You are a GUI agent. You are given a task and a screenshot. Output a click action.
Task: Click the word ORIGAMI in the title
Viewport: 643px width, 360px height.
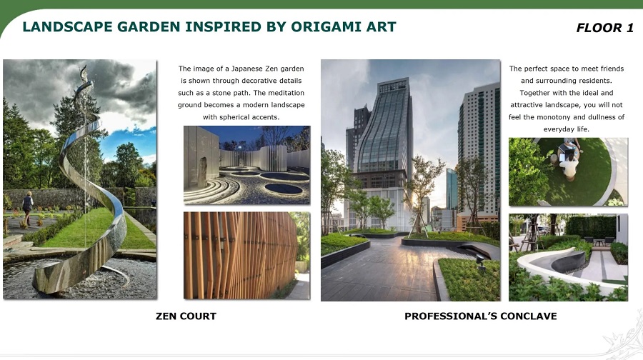pos(327,26)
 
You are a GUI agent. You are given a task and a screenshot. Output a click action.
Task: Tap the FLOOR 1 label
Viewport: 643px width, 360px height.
pos(605,28)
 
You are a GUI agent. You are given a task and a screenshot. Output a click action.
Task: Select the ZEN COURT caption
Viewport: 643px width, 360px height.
pos(186,316)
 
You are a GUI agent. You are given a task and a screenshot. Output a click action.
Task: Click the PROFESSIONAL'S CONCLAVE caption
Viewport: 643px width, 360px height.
pos(481,316)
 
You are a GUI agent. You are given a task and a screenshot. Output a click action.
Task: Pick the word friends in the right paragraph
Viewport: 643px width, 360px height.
pos(611,69)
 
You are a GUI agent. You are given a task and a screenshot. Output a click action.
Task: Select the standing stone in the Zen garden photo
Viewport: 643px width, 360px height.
pos(203,172)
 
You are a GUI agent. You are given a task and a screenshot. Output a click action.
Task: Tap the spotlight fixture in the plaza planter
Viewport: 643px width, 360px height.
pos(481,261)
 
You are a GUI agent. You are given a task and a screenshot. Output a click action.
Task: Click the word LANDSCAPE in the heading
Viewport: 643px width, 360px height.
pos(67,26)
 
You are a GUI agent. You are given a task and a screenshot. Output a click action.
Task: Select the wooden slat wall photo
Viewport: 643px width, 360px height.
pos(247,256)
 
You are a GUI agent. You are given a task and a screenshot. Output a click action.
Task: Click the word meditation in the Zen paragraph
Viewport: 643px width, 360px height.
pos(286,93)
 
